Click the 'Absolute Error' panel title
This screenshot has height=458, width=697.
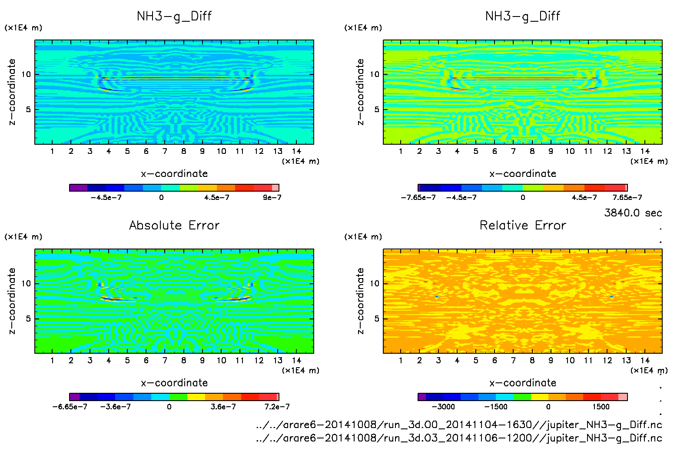click(x=174, y=225)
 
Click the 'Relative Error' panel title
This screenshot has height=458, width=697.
click(x=523, y=225)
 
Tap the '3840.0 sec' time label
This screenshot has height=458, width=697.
click(x=633, y=213)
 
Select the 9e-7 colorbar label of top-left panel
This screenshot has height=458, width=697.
click(x=272, y=197)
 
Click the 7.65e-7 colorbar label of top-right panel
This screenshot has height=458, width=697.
click(x=627, y=197)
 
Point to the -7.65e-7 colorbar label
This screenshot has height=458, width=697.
click(x=418, y=197)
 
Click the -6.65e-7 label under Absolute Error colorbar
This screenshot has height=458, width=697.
click(x=70, y=407)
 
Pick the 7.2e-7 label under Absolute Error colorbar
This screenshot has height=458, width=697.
click(x=277, y=407)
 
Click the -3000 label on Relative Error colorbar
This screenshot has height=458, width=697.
click(x=443, y=407)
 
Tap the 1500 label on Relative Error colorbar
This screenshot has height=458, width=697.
click(x=601, y=407)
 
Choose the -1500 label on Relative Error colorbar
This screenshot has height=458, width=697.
click(x=496, y=407)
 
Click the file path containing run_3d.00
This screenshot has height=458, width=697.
click(x=459, y=425)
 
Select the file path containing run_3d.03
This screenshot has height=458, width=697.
click(x=459, y=438)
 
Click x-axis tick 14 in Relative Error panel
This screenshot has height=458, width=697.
click(x=645, y=360)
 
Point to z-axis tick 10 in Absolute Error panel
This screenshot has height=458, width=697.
click(x=26, y=283)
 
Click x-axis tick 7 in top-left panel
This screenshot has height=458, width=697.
click(x=165, y=151)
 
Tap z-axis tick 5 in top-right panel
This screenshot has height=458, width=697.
click(x=376, y=110)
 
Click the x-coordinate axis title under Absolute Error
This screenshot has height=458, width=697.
click(x=174, y=383)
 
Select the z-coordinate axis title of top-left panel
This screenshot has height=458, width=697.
click(x=12, y=92)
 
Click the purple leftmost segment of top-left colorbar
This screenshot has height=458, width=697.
click(x=78, y=188)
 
